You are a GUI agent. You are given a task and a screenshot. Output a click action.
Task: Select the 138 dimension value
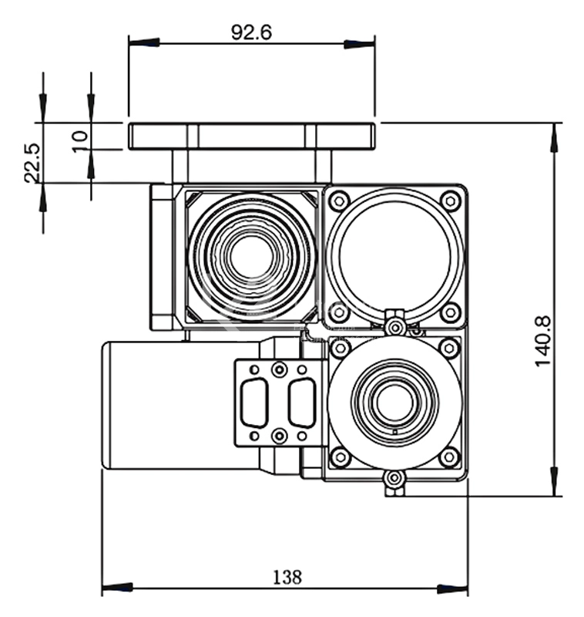(x=286, y=576)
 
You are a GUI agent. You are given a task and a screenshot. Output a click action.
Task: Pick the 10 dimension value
(x=80, y=140)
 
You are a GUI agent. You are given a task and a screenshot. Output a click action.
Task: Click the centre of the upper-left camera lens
(x=249, y=257)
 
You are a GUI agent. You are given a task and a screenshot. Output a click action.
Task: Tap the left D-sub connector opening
(x=253, y=401)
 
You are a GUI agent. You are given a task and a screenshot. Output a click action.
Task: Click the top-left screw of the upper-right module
(x=338, y=202)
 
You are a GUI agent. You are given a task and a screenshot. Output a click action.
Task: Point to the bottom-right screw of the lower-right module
(x=449, y=457)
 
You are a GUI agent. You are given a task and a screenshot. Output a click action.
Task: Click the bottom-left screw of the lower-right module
(x=339, y=457)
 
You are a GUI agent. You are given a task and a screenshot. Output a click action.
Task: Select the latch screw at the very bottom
(x=394, y=480)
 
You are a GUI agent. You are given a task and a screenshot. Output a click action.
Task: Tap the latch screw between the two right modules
(x=395, y=327)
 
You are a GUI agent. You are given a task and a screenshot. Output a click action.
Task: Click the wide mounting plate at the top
(x=252, y=137)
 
